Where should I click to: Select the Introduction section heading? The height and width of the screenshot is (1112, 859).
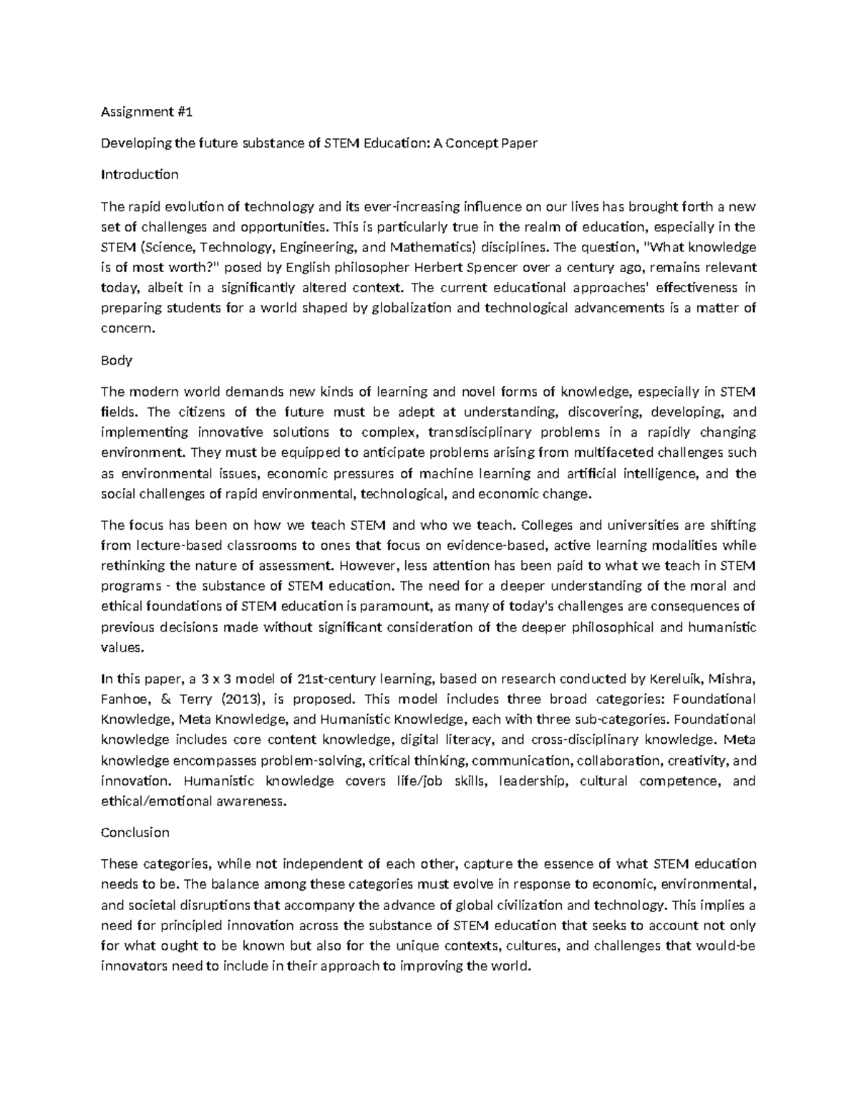click(140, 174)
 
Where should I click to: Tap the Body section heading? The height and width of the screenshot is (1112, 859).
click(117, 360)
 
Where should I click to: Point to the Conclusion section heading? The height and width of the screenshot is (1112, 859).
click(135, 832)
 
